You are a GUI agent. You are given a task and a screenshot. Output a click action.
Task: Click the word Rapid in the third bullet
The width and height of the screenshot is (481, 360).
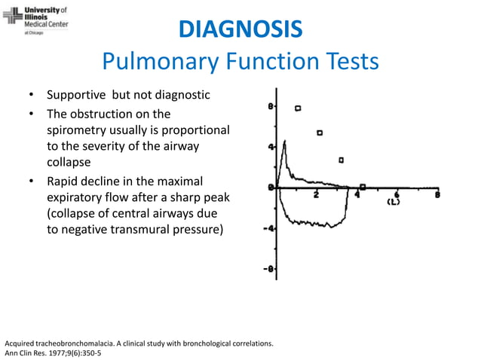[x=64, y=182]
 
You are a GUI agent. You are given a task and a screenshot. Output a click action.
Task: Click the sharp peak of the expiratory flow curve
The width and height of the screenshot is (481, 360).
[x=283, y=141]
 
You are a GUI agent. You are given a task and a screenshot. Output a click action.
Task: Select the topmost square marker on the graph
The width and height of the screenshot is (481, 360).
[x=299, y=108]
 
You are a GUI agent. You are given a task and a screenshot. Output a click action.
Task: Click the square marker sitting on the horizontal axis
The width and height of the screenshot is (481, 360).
[x=363, y=187]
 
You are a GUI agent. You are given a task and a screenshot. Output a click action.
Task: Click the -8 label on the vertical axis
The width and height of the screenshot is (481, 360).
[x=269, y=269]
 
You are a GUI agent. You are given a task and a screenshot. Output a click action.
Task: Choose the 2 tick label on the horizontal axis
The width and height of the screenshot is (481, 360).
[x=317, y=195]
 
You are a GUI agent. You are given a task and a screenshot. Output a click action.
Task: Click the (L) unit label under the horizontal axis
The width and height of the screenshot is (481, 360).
[x=393, y=202]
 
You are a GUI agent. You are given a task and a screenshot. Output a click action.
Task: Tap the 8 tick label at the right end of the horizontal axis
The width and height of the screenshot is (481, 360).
[x=437, y=194]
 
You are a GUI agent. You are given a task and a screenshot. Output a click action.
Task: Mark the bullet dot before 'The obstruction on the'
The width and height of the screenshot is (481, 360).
[x=32, y=114]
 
